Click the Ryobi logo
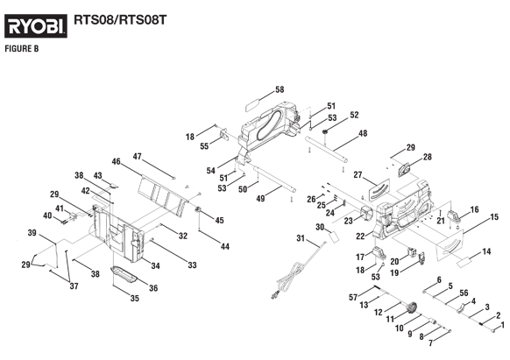tap(36, 25)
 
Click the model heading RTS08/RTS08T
tap(120, 20)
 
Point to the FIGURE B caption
tap(22, 49)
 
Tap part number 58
tap(280, 89)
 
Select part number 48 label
tap(363, 133)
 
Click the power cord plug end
tap(274, 296)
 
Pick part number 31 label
tap(301, 239)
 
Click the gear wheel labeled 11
tap(413, 307)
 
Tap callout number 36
tap(153, 288)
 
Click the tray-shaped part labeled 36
tap(124, 273)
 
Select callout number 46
tap(117, 162)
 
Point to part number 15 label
tap(494, 217)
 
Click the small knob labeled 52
tap(324, 131)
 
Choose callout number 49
tap(260, 199)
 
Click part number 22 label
tap(360, 236)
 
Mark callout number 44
tap(224, 247)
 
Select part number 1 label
tap(502, 325)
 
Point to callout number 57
tap(353, 298)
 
